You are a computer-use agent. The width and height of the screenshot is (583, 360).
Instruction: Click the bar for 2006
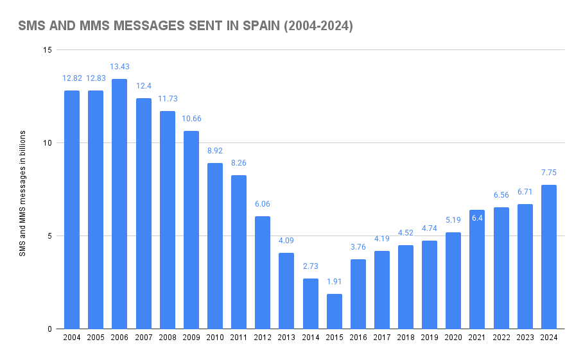(119, 204)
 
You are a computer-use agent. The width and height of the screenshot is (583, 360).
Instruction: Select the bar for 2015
(334, 311)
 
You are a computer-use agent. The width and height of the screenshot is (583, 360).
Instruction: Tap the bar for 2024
(548, 257)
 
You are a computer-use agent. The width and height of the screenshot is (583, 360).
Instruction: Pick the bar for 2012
(263, 273)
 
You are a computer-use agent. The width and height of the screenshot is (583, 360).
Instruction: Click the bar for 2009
(191, 230)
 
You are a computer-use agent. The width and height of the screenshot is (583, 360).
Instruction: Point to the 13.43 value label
(119, 67)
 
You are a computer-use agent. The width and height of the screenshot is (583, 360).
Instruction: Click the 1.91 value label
(334, 281)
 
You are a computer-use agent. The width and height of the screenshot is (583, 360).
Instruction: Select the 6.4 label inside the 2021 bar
(477, 218)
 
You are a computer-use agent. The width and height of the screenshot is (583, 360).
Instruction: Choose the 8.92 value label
(215, 151)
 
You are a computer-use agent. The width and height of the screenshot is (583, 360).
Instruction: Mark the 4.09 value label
(286, 241)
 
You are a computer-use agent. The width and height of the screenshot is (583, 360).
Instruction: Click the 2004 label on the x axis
(72, 338)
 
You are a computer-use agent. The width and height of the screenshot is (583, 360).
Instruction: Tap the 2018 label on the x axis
(405, 338)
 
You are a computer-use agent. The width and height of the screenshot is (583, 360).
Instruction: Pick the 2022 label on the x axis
(501, 338)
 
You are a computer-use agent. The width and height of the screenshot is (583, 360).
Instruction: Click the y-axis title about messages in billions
(22, 193)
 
